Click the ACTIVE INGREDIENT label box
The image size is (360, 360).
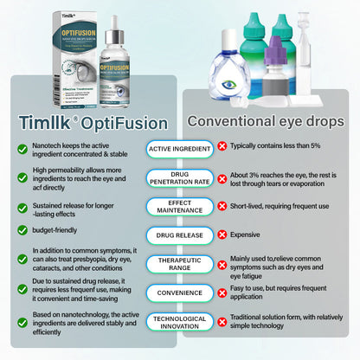coord(180,148)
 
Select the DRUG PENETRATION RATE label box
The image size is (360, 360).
coord(180,179)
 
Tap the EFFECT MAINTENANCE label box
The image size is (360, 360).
coord(180,207)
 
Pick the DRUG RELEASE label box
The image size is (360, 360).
coord(180,235)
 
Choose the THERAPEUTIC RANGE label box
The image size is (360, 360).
coord(180,263)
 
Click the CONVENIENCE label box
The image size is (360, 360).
coord(180,292)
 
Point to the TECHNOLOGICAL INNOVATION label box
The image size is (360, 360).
coord(180,322)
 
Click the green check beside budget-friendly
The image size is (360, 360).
coord(22,231)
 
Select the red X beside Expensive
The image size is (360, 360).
coord(222,235)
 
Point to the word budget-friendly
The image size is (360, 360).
coord(63,230)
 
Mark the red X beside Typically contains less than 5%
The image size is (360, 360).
coord(222,148)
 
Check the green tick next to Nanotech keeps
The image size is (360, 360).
coord(22,149)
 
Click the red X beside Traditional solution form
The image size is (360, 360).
coord(222,322)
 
